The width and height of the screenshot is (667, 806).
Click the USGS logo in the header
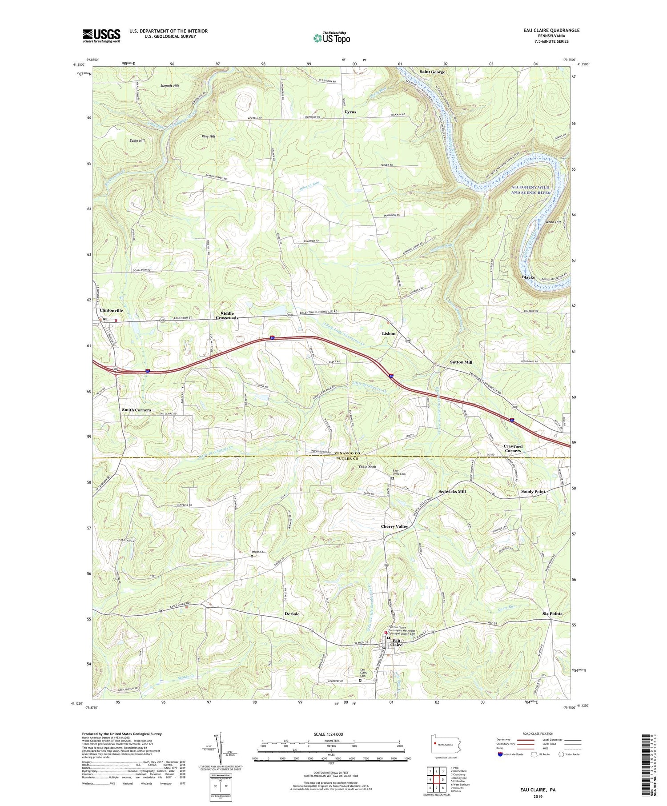coord(101,36)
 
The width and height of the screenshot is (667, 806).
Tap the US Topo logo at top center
coord(331,38)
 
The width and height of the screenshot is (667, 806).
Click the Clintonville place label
coord(111,310)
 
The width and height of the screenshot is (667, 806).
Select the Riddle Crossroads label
coord(227,316)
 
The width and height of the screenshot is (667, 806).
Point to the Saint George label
coord(432,72)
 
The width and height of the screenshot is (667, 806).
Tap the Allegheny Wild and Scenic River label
coord(530,190)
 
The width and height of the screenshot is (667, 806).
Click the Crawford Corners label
coord(513,448)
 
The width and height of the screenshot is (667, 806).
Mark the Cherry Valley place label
coord(394,526)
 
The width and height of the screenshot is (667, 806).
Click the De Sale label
coord(292,614)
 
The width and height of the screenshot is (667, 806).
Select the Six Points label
coord(552,614)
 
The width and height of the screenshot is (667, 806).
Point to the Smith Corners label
coord(137,410)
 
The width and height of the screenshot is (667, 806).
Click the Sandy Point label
coord(533,492)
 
